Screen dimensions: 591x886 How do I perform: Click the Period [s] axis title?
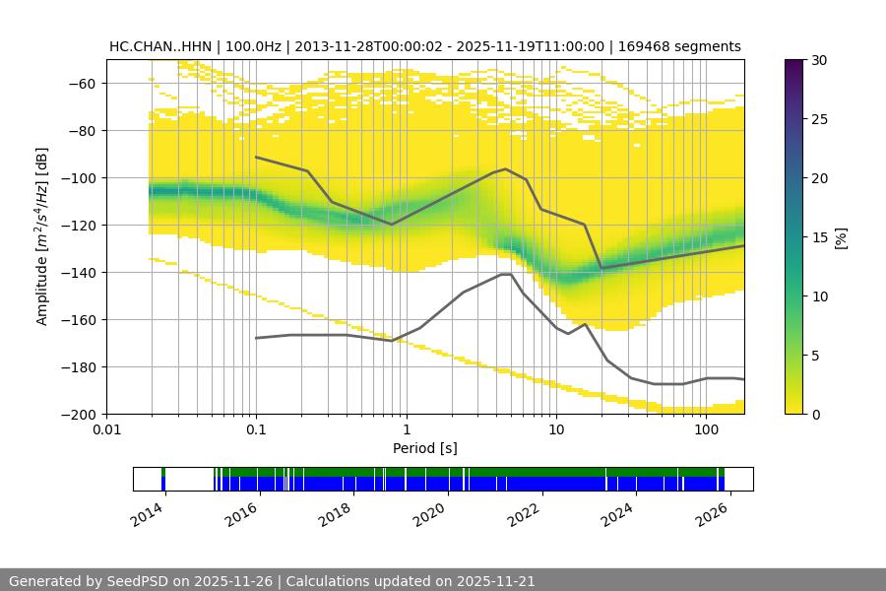pos(425,449)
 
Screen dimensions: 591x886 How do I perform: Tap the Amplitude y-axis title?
pos(42,236)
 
